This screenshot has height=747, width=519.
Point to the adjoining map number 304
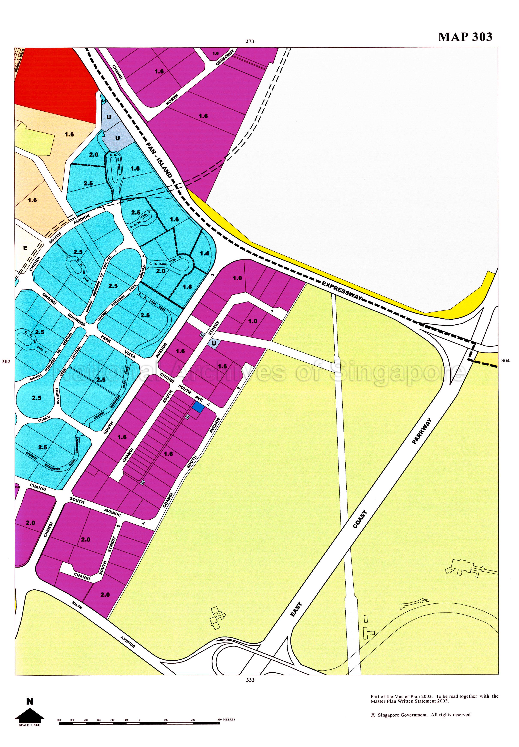click(x=505, y=360)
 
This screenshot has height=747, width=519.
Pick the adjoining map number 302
click(x=6, y=361)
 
